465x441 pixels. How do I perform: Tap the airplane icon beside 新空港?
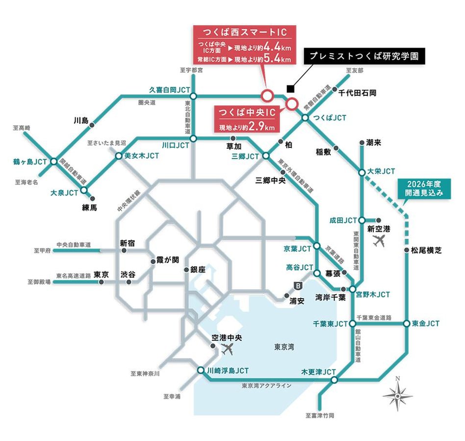pyautogui.click(x=379, y=241)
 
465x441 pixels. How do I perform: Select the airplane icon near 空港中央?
pyautogui.click(x=227, y=349)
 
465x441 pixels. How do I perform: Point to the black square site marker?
pyautogui.click(x=290, y=89)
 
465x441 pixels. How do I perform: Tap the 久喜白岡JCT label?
pyautogui.click(x=169, y=89)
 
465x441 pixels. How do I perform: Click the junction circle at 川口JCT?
pyautogui.click(x=193, y=139)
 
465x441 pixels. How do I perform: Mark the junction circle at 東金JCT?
pyautogui.click(x=407, y=324)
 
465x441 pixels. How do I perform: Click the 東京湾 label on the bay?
pyautogui.click(x=284, y=347)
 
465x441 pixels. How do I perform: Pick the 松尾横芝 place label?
pyautogui.click(x=426, y=250)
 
